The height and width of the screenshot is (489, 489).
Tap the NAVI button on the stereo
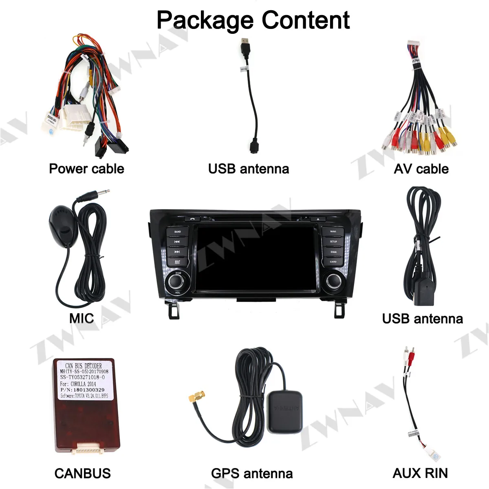coord(333,231)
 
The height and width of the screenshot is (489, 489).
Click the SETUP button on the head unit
coord(333,242)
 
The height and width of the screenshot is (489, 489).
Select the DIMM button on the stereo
coord(333,252)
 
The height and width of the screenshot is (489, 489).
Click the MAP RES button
coord(177,262)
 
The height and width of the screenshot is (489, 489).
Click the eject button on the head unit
coord(318,219)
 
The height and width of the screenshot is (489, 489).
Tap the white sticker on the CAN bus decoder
coord(84,380)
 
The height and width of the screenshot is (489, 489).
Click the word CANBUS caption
coord(83,473)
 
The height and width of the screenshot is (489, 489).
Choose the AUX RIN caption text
coord(420,473)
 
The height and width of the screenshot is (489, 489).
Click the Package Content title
coord(253,20)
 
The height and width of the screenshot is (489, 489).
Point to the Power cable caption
coord(86,169)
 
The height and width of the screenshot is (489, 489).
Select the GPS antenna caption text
coord(252,473)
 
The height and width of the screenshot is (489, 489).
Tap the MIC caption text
coord(81,318)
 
